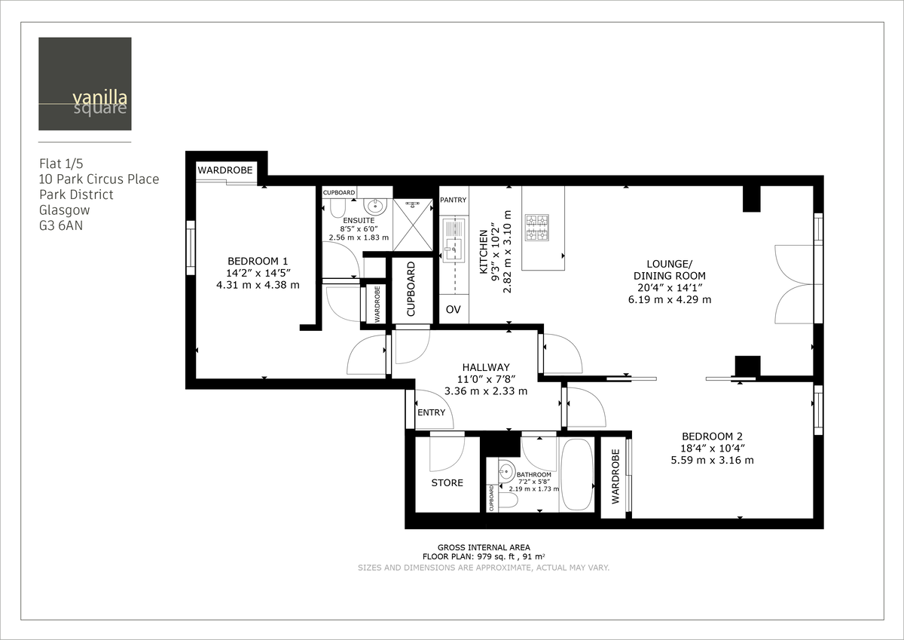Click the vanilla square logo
tap(85, 84)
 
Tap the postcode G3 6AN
tap(60, 225)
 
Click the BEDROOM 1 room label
tap(258, 261)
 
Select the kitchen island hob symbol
tap(537, 228)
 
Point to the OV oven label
tap(454, 310)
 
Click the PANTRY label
tap(454, 200)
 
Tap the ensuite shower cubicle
tap(414, 225)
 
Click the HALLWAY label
tap(486, 367)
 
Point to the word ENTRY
tap(432, 413)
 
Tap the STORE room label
tap(447, 482)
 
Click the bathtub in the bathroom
tap(576, 474)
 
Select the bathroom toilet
tap(508, 499)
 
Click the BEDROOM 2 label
tap(712, 436)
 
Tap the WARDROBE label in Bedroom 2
tap(615, 476)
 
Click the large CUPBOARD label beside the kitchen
tap(411, 289)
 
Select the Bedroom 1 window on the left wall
tap(191, 248)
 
